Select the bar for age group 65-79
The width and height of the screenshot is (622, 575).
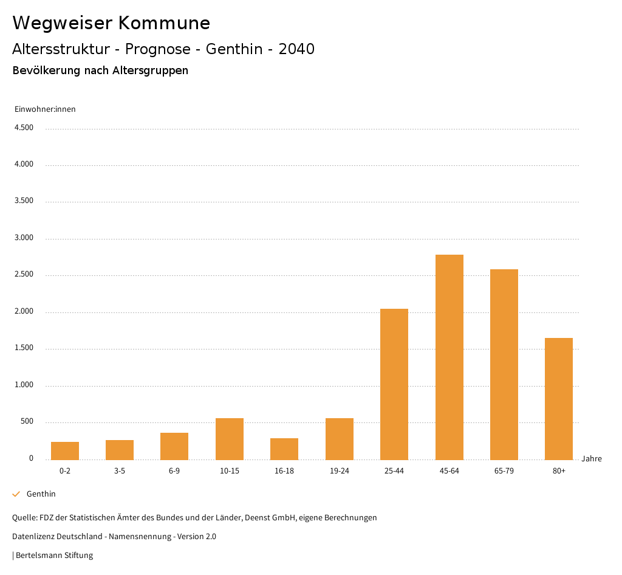pyautogui.click(x=504, y=364)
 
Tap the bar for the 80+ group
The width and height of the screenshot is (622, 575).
pyautogui.click(x=558, y=398)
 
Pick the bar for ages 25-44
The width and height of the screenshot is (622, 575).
pyautogui.click(x=394, y=384)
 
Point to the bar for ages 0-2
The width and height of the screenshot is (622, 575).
pyautogui.click(x=65, y=450)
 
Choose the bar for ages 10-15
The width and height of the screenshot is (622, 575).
pyautogui.click(x=230, y=438)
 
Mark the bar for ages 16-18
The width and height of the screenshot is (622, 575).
pyautogui.click(x=284, y=449)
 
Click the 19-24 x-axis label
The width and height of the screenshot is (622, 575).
pyautogui.click(x=339, y=471)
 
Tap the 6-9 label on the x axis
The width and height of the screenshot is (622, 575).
pyautogui.click(x=174, y=471)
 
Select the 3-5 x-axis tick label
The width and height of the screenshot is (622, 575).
pyautogui.click(x=120, y=471)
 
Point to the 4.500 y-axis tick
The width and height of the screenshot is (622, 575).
pyautogui.click(x=24, y=128)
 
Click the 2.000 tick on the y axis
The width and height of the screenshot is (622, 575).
pyautogui.click(x=24, y=312)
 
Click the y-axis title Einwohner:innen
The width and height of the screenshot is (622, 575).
pyautogui.click(x=45, y=109)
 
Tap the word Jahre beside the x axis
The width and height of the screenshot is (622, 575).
pyautogui.click(x=591, y=459)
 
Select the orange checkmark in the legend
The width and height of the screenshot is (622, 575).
pyautogui.click(x=16, y=494)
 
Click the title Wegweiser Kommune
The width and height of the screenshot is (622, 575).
pyautogui.click(x=111, y=23)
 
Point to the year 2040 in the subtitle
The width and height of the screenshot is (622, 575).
pyautogui.click(x=296, y=49)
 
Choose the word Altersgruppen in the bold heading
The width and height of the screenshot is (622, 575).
pyautogui.click(x=150, y=71)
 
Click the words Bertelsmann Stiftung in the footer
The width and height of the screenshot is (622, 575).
pyautogui.click(x=54, y=555)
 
